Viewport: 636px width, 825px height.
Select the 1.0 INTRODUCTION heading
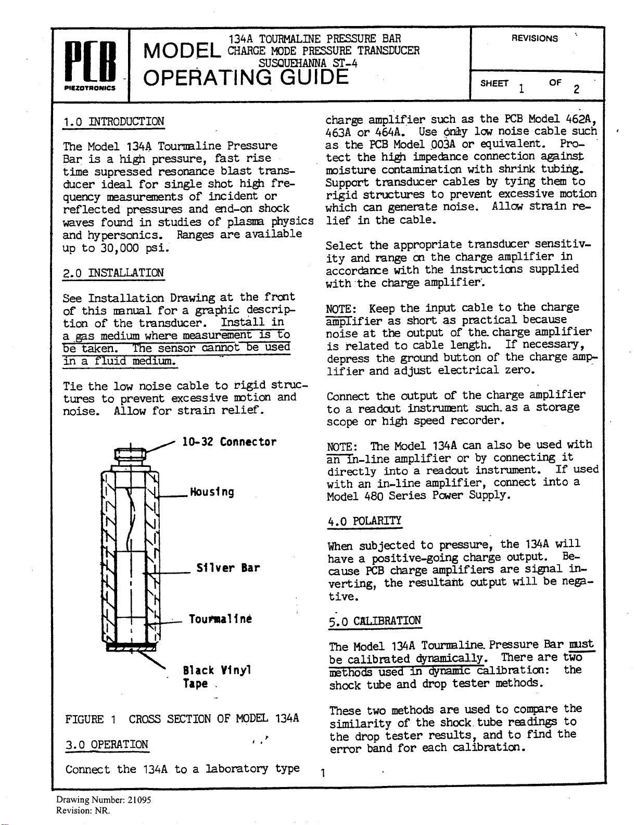[113, 122]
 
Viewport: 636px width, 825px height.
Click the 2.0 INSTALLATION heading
[113, 273]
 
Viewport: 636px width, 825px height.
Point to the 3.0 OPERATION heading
[107, 744]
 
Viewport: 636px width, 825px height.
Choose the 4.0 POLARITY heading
[364, 521]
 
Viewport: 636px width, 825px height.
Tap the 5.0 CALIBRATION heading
[375, 621]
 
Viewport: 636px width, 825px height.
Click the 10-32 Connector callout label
[229, 442]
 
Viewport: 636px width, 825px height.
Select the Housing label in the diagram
[212, 492]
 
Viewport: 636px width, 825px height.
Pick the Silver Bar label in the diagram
[228, 568]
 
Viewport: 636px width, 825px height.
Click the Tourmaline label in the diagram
[221, 619]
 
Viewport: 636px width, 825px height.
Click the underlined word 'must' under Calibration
[582, 644]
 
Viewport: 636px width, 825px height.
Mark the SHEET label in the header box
[494, 83]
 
